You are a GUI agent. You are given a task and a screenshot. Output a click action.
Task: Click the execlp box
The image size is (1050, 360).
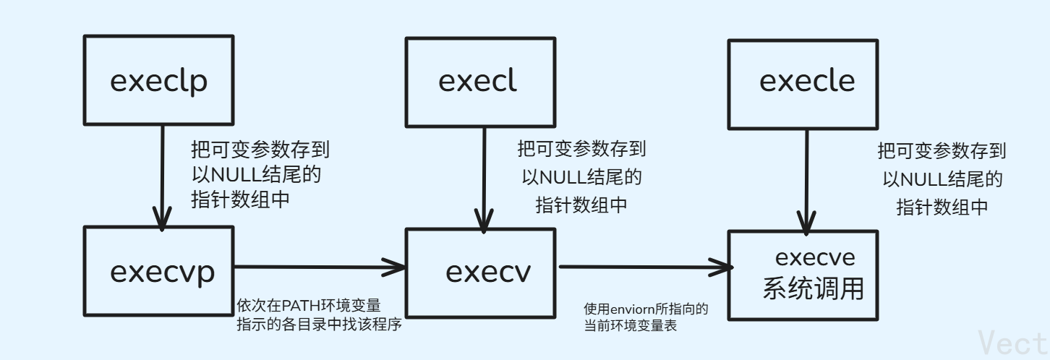tap(158, 81)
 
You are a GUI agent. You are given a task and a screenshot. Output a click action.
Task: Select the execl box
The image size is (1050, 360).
tap(478, 81)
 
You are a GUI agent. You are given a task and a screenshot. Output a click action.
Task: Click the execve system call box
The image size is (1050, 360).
tap(803, 275)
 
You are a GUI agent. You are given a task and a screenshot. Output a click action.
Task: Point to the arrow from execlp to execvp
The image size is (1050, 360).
tap(160, 177)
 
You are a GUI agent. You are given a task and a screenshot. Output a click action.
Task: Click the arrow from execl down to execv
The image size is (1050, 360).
tap(480, 177)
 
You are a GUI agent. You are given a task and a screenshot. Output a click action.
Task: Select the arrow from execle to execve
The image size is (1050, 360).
tap(803, 177)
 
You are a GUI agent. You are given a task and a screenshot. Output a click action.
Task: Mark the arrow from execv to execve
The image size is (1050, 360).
tap(644, 268)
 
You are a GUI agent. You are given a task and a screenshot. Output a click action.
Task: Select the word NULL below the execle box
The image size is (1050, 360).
tap(919, 179)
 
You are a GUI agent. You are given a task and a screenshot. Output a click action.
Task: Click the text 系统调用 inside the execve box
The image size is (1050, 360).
tap(814, 288)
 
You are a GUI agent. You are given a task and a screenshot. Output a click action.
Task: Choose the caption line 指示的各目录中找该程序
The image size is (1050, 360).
tap(319, 325)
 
